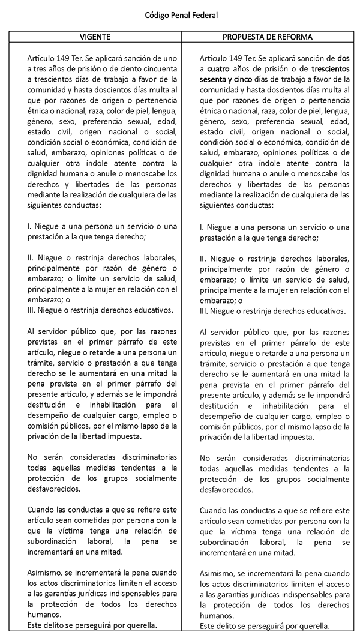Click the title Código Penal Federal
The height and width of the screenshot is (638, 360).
pyautogui.click(x=180, y=14)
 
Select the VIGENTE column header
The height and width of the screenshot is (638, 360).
pyautogui.click(x=95, y=37)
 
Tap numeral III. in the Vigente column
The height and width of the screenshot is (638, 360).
pyautogui.click(x=32, y=310)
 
